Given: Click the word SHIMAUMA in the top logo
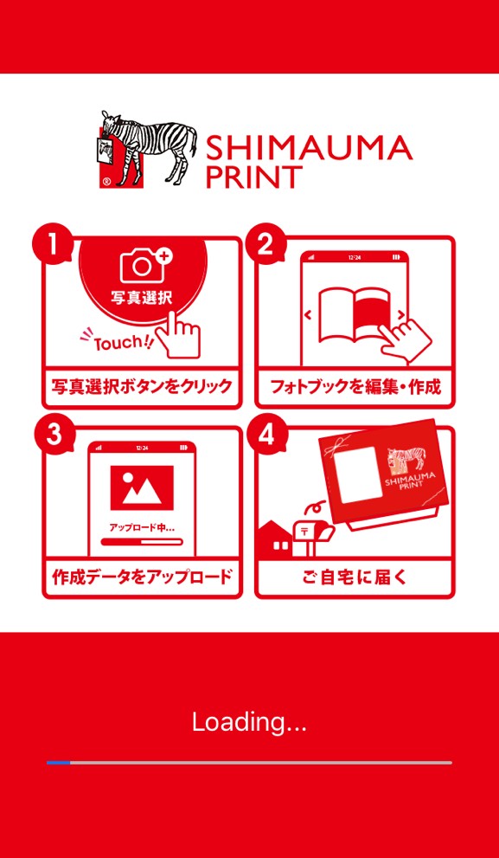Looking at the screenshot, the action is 309,147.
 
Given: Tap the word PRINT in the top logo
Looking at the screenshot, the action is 254,177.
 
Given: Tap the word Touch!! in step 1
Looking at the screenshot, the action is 123,343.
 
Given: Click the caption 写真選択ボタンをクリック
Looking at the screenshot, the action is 142,387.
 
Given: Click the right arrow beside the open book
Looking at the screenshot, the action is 401,314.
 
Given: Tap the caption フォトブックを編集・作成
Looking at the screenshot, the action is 355,387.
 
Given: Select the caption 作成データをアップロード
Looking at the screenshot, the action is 142,577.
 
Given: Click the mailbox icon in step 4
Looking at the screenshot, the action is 311,530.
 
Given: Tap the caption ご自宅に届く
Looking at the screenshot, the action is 355,577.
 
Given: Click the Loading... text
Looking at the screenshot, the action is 249,723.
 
